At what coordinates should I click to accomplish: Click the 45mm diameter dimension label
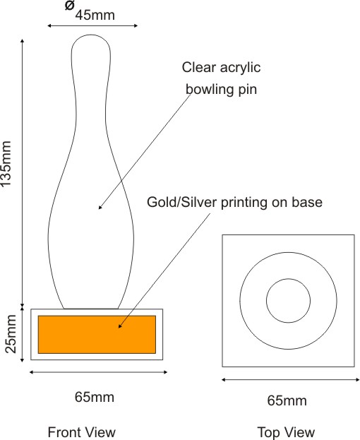tap(95, 15)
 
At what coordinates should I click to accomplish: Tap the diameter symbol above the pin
tap(69, 5)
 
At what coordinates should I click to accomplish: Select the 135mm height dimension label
tap(6, 163)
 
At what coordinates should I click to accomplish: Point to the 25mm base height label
tap(11, 333)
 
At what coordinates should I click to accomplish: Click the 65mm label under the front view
tap(95, 397)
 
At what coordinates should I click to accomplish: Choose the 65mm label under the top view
tap(287, 400)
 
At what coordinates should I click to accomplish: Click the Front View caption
tap(82, 432)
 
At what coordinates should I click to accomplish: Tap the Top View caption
tap(286, 432)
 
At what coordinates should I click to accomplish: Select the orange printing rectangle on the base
tap(97, 335)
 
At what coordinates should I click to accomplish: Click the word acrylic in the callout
tap(240, 68)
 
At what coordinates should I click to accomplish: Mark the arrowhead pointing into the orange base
tap(120, 326)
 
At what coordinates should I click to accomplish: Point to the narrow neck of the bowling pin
tap(91, 112)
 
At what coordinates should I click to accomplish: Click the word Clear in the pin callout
tap(199, 67)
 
